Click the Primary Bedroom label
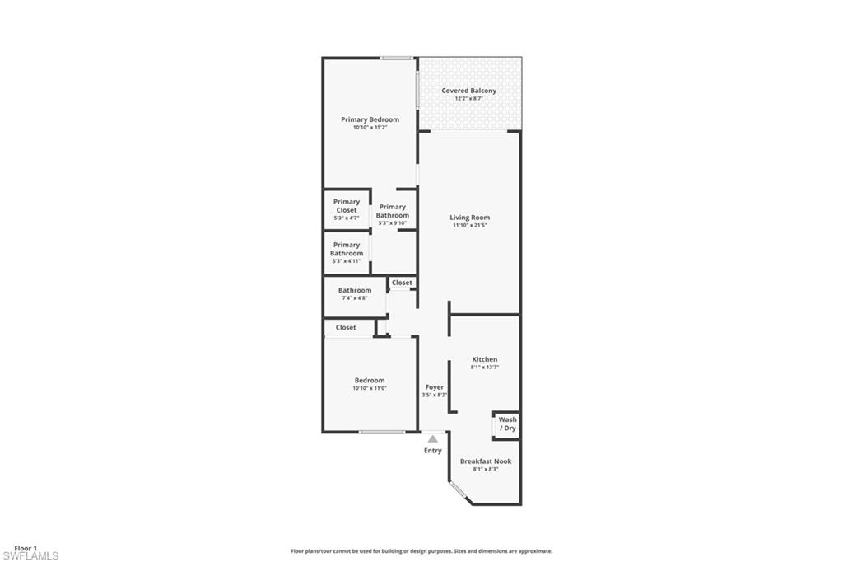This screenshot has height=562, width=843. (370, 119)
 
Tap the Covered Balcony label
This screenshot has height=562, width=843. (468, 91)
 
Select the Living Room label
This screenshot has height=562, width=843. (469, 218)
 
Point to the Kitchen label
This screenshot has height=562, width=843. (484, 359)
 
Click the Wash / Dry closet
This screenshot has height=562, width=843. (507, 424)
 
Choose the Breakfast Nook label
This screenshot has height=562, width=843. (485, 461)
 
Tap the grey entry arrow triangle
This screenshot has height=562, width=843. (432, 438)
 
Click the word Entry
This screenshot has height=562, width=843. (432, 451)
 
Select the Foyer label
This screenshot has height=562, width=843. (434, 387)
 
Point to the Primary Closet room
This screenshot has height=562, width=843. (346, 209)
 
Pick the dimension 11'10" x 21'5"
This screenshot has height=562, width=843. (469, 226)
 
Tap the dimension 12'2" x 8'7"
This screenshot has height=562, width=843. (468, 98)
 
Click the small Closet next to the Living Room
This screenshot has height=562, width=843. (402, 283)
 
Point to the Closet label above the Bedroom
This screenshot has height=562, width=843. (346, 327)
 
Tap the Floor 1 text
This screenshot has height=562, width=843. (26, 548)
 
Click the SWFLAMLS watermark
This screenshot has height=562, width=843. (30, 556)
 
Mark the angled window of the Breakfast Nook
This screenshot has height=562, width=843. (459, 493)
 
